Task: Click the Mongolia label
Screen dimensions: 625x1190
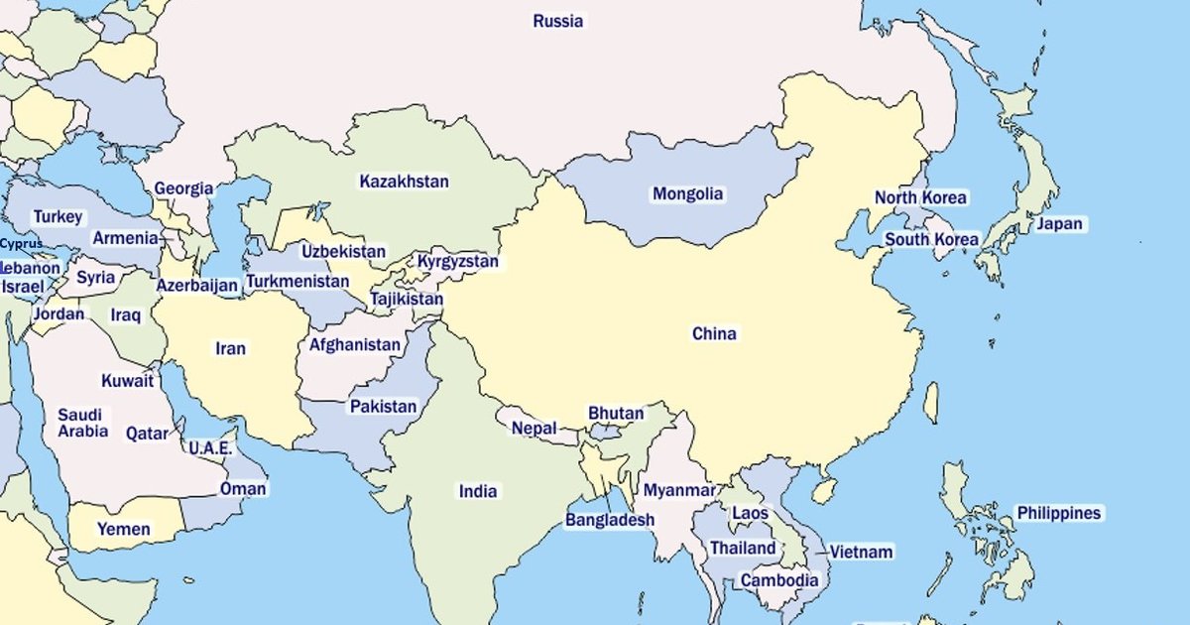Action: (687, 194)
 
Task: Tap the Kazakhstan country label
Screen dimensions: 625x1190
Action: (404, 182)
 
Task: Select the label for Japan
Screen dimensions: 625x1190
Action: (1059, 224)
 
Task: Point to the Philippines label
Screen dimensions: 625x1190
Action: (1058, 514)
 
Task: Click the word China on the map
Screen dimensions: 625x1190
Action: (714, 334)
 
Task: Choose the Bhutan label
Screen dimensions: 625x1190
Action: (616, 414)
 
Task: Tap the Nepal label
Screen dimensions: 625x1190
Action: (534, 429)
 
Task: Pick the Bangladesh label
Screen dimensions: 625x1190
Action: (610, 520)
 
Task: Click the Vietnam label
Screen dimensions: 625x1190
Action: (861, 552)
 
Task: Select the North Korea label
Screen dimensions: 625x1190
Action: (919, 197)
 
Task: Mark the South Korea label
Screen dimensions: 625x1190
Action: (931, 240)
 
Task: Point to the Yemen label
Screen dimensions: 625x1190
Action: (123, 530)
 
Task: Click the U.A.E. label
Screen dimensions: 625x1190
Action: (210, 448)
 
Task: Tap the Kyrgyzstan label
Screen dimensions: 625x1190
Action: (457, 262)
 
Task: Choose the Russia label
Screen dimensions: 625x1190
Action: (557, 21)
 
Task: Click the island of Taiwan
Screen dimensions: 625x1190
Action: (931, 402)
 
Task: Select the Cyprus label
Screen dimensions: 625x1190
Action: (21, 244)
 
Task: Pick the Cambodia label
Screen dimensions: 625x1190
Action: (779, 580)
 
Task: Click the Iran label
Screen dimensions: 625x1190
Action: (230, 349)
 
